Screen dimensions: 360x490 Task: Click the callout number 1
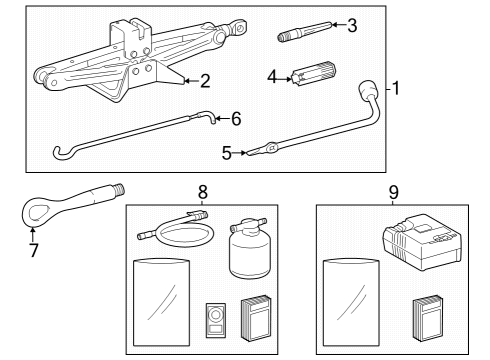(x=395, y=88)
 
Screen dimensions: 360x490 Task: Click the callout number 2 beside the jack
(x=204, y=81)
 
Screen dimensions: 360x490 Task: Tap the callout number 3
(x=351, y=25)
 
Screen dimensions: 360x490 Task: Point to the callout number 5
(x=225, y=153)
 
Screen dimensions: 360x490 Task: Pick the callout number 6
(x=235, y=118)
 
